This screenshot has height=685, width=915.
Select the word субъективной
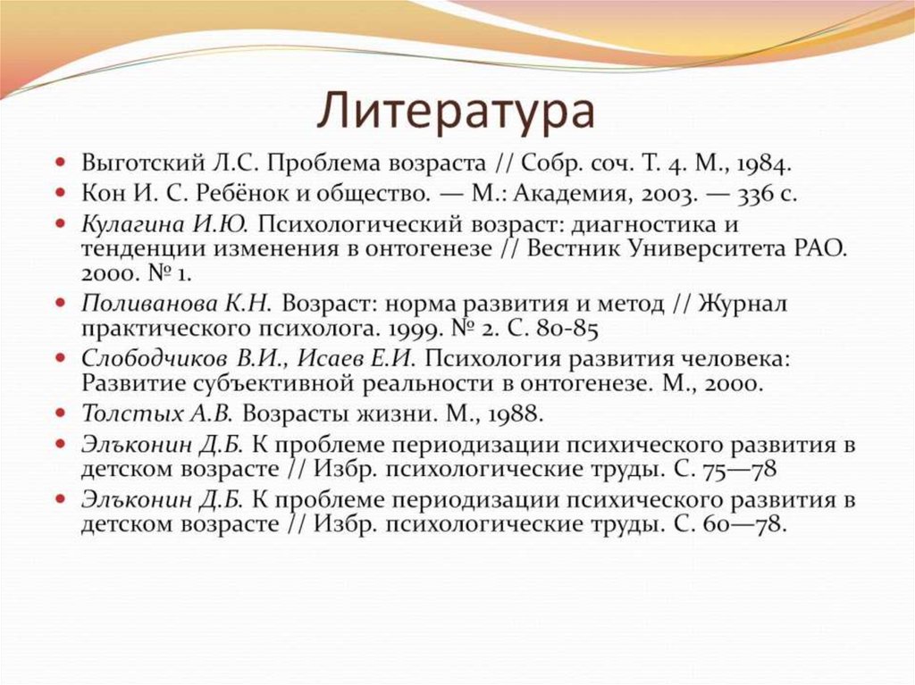pos(284,384)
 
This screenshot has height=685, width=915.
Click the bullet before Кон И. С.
pos(60,193)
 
